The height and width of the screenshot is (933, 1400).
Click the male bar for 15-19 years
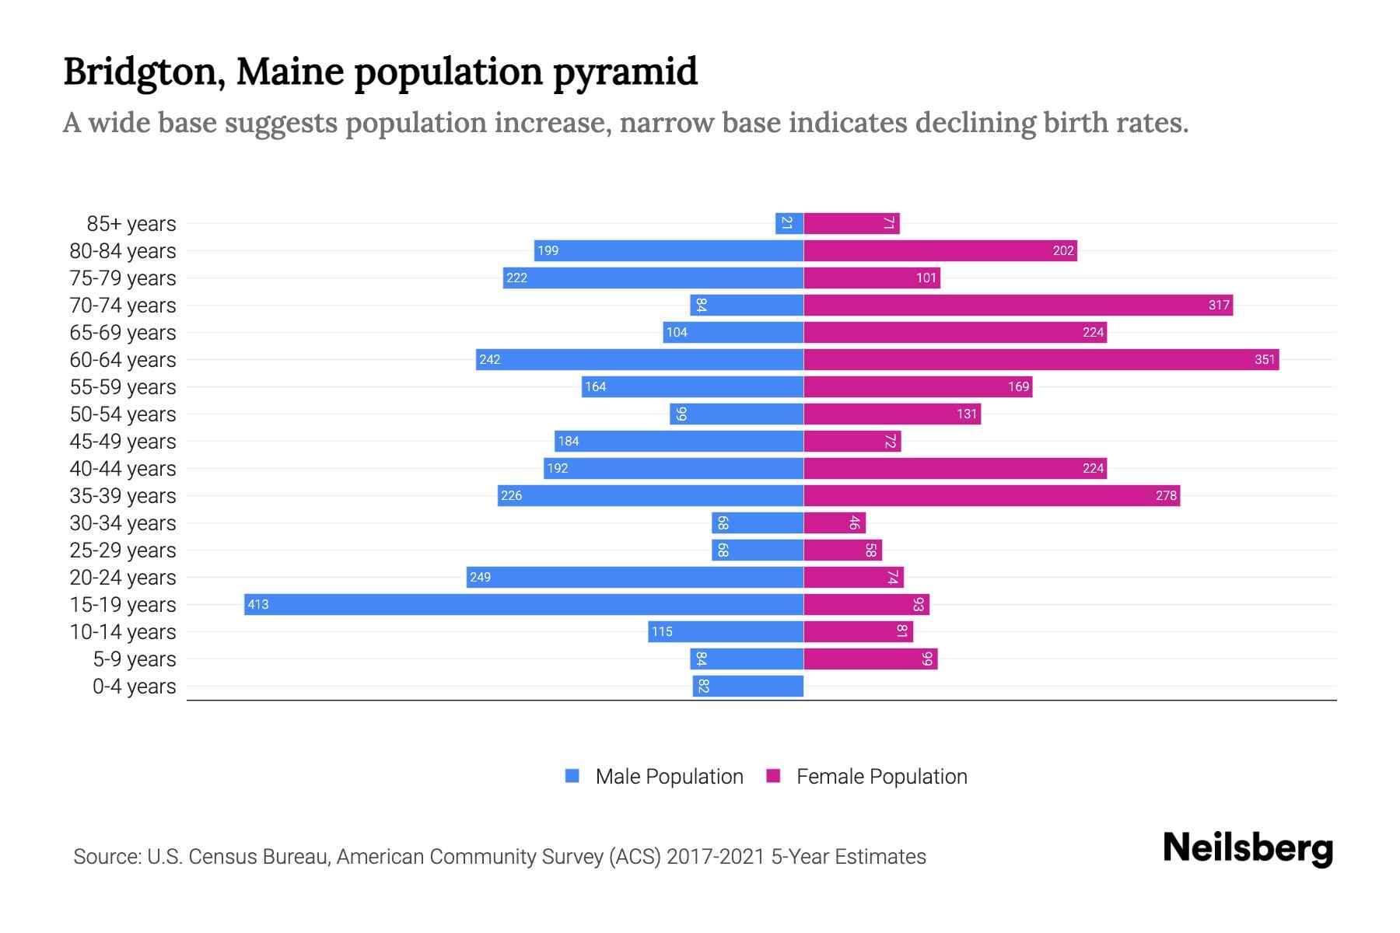[x=523, y=604]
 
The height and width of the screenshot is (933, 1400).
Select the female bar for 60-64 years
[x=1041, y=359]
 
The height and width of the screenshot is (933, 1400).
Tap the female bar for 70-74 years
[x=1017, y=305]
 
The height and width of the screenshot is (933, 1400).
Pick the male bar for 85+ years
[x=789, y=223]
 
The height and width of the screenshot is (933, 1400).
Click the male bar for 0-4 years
[x=748, y=686]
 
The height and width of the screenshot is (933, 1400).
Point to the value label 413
[x=258, y=604]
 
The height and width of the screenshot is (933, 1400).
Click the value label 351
[x=1265, y=359]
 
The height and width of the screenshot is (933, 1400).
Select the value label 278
[x=1166, y=495]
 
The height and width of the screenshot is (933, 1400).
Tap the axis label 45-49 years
[x=123, y=441]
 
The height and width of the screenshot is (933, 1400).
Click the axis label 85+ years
[x=131, y=223]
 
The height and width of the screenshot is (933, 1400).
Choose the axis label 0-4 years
[x=135, y=686]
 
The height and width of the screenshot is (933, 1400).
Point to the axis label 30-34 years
[x=123, y=522]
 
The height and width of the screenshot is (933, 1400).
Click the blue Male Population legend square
[x=572, y=776]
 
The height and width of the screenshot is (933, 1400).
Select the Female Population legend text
[x=881, y=776]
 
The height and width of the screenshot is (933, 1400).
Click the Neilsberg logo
[x=1248, y=848]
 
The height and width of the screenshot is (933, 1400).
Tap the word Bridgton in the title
[x=145, y=72]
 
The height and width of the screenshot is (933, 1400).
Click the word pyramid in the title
[x=625, y=72]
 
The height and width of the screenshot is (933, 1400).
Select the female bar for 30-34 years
[x=835, y=522]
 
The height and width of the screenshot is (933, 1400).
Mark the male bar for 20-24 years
[x=635, y=577]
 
